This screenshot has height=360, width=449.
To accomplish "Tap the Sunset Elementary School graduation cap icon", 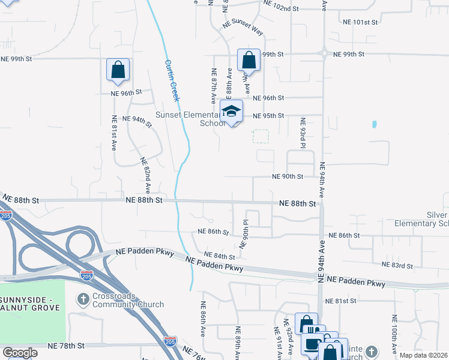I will (x=231, y=111).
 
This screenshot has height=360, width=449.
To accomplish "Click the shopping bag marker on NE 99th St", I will (x=249, y=60).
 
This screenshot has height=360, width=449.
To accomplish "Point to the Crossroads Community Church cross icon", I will (x=85, y=298).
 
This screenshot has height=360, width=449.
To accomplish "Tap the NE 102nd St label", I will (x=281, y=9).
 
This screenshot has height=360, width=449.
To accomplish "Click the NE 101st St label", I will (x=360, y=22).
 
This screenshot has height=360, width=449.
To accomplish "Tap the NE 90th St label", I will (x=288, y=176).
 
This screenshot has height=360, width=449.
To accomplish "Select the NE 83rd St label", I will (x=398, y=265).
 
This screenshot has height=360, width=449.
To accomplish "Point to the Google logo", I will (x=20, y=353).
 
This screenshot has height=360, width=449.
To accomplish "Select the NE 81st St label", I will (x=341, y=301).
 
